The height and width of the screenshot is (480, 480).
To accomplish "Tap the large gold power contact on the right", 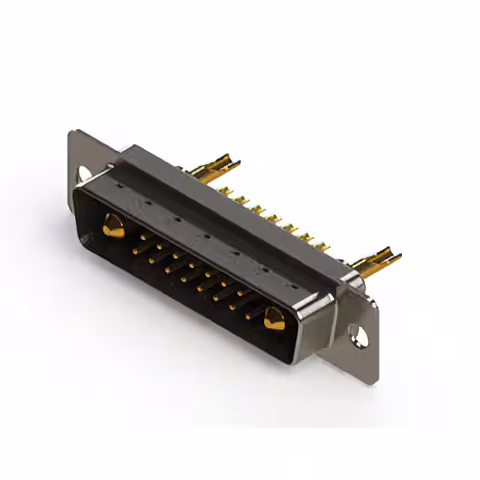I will (x=274, y=320).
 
